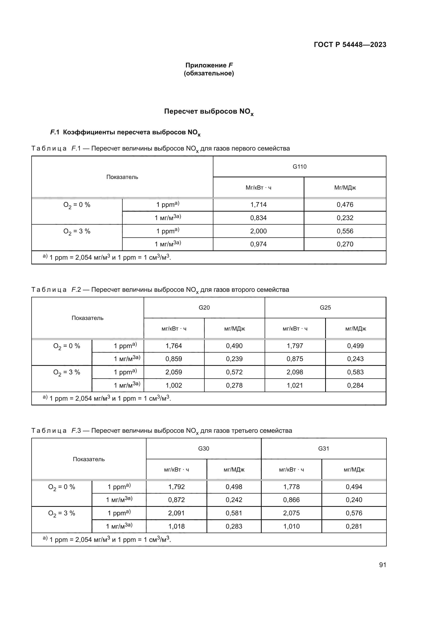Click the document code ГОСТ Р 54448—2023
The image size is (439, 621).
pyautogui.click(x=350, y=45)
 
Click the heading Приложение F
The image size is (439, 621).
pyautogui.click(x=209, y=65)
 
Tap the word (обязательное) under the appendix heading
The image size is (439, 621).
pyautogui.click(x=209, y=73)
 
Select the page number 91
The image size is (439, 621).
pyautogui.click(x=382, y=565)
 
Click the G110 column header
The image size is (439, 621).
pyautogui.click(x=299, y=167)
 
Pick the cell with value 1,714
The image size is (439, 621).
pyautogui.click(x=259, y=205)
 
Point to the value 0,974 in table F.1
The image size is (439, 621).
pyautogui.click(x=259, y=244)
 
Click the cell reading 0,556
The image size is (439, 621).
pyautogui.click(x=345, y=231)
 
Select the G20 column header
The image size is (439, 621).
pyautogui.click(x=204, y=307)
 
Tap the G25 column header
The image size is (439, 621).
pyautogui.click(x=325, y=307)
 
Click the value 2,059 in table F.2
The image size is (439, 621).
pyautogui.click(x=174, y=372)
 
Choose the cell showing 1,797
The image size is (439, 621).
pyautogui.click(x=295, y=346)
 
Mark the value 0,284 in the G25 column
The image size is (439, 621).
pyautogui.click(x=355, y=386)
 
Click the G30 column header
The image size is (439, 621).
pyautogui.click(x=204, y=449)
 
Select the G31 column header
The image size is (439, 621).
pyautogui.click(x=324, y=449)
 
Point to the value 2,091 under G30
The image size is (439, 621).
pyautogui.click(x=177, y=513)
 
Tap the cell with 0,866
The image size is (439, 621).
pyautogui.click(x=291, y=500)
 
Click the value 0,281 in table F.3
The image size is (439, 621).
pyautogui.click(x=354, y=526)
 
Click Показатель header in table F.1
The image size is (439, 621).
pyautogui.click(x=122, y=177)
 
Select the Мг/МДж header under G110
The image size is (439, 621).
pyautogui.click(x=345, y=188)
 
